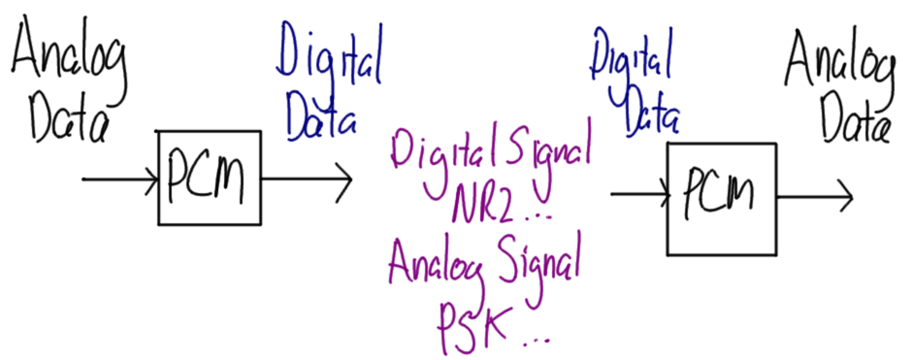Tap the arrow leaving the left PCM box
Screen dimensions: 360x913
click(307, 180)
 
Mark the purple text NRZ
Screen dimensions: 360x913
click(485, 205)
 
